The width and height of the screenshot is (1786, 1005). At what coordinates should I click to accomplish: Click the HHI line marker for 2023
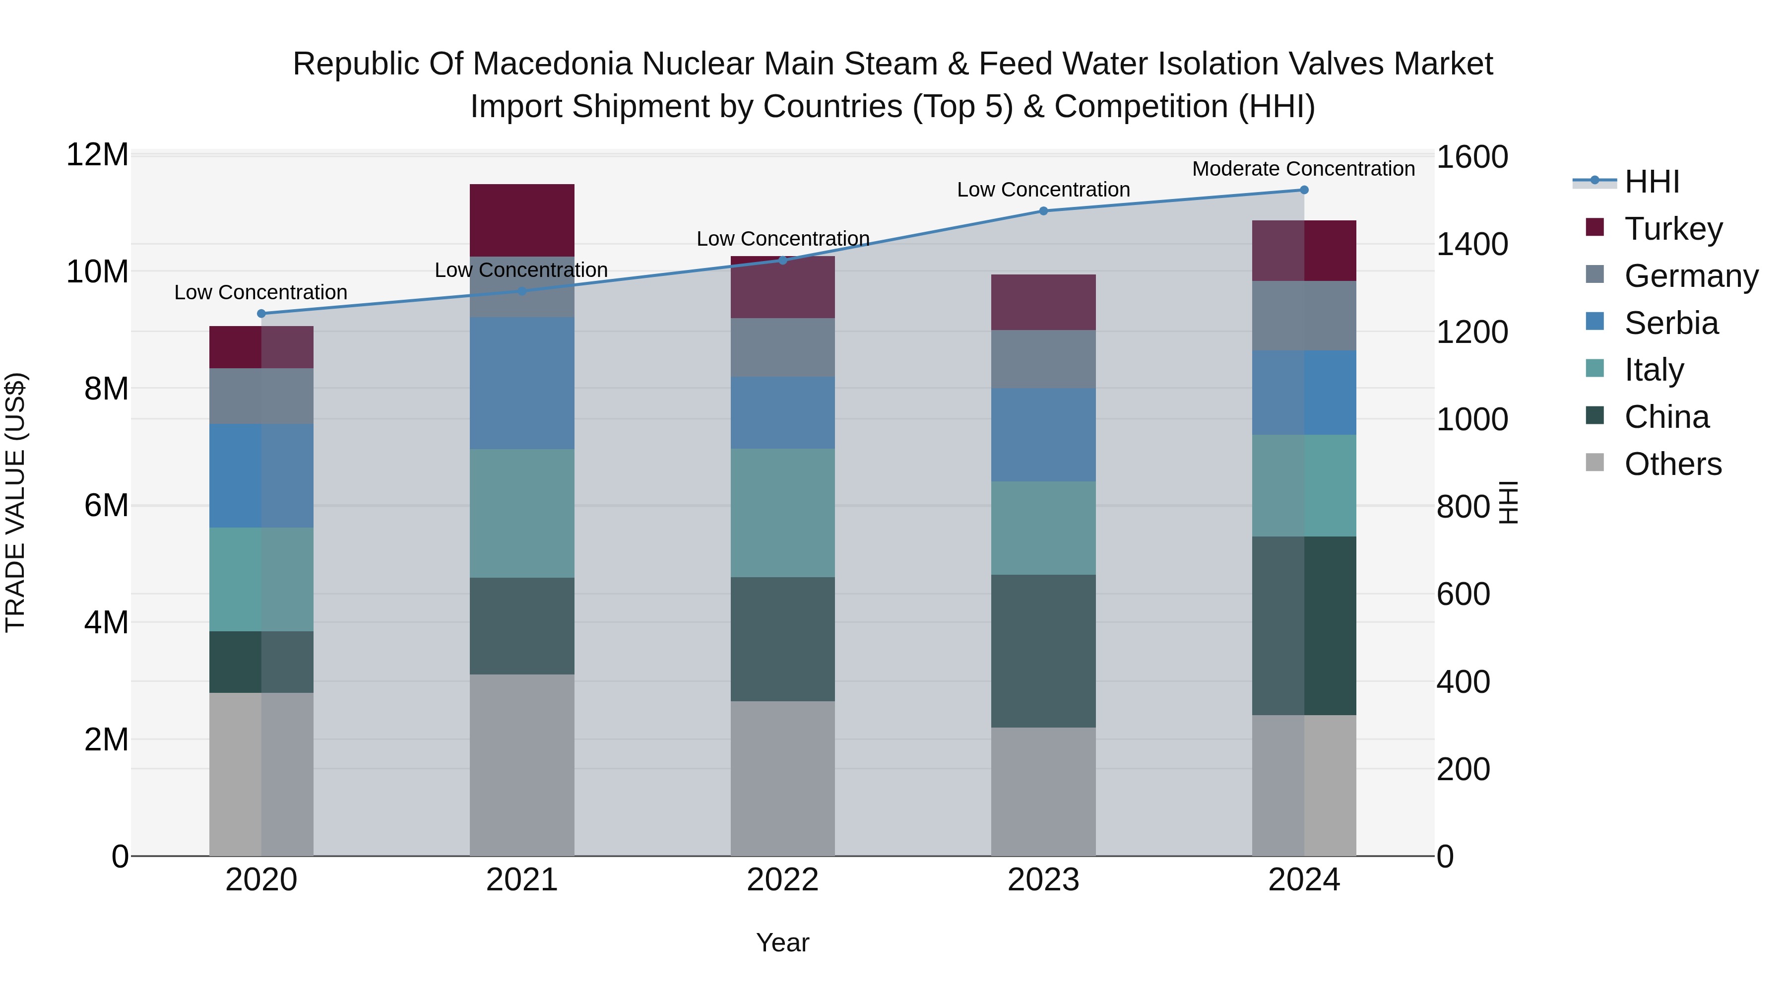point(1043,211)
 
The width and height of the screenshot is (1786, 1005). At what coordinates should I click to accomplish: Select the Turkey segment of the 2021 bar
point(521,220)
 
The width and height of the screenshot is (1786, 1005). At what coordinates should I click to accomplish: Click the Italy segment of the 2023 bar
point(1043,528)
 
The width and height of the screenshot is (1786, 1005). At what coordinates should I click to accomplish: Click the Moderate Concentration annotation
point(1303,169)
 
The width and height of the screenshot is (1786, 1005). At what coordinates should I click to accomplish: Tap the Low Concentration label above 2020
point(260,293)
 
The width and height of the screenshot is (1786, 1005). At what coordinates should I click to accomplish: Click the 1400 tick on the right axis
point(1471,244)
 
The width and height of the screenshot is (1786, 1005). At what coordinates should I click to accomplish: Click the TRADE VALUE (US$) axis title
point(15,502)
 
